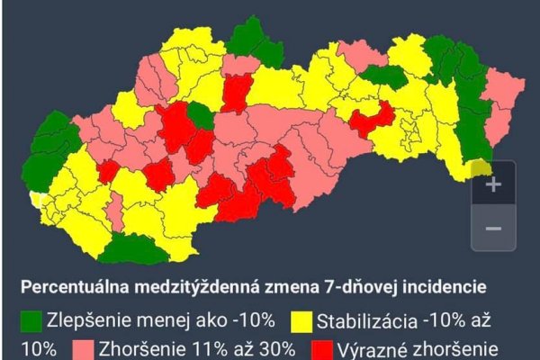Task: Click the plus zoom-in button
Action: click(493, 185)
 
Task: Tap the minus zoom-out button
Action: click(493, 228)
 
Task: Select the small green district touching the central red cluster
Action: click(202, 116)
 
